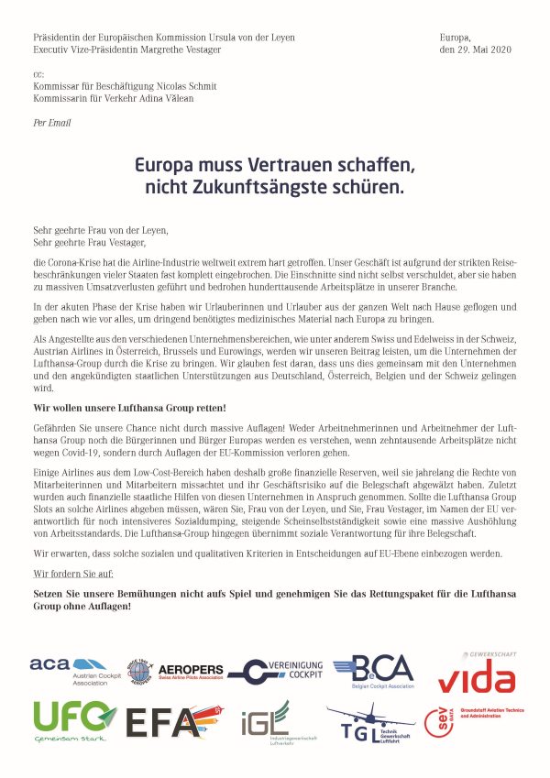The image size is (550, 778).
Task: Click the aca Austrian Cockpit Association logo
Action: point(68,670)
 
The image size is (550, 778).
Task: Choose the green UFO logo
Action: point(74,719)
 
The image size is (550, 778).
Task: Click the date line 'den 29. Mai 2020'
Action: point(475,49)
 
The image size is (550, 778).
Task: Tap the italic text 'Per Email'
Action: point(51,122)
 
